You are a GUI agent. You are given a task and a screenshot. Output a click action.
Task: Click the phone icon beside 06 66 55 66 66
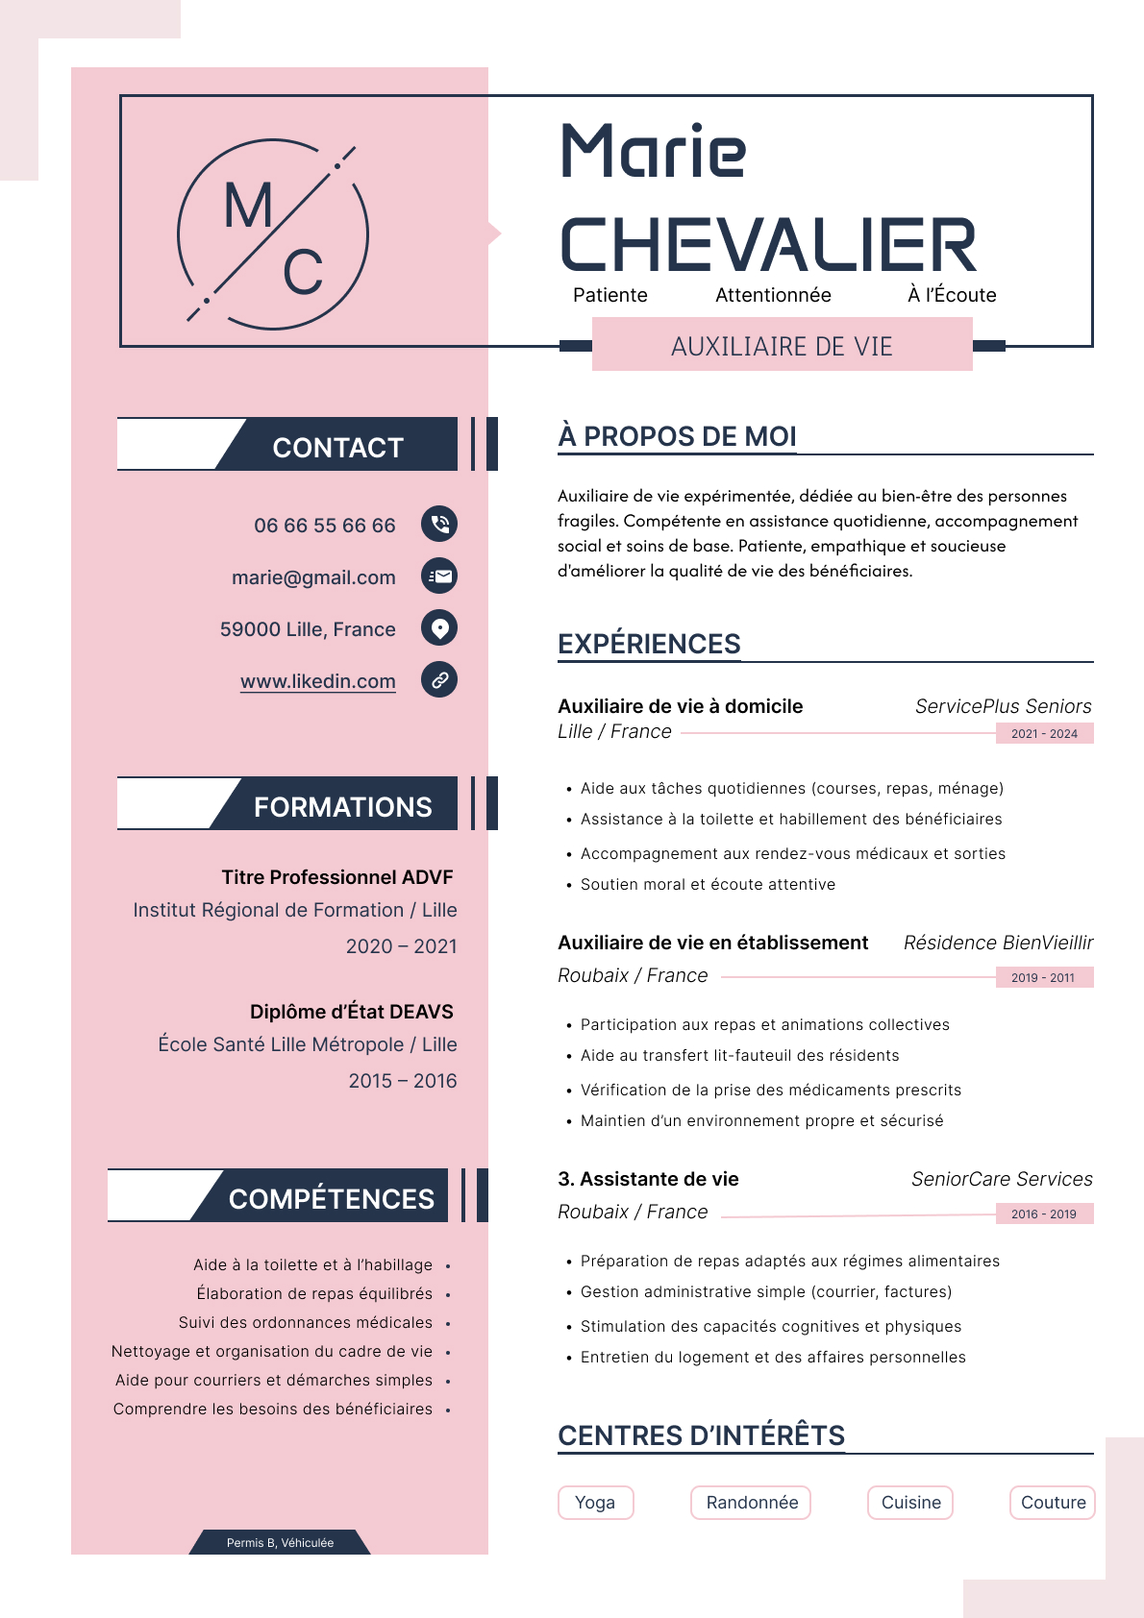439,524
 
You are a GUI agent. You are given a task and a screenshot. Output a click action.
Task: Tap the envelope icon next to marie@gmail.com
439,576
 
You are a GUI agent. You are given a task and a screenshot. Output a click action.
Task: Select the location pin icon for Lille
439,627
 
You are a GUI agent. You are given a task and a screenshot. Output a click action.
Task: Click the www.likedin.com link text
318,681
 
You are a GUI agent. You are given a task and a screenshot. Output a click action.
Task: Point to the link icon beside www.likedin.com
439,679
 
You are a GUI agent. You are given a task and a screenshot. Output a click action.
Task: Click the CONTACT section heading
337,447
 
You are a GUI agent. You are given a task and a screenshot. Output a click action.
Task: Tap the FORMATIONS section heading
342,806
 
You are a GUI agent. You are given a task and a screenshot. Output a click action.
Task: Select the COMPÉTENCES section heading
331,1198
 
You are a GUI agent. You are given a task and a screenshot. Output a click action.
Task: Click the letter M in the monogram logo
247,206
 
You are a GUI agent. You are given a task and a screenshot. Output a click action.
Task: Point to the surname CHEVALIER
767,245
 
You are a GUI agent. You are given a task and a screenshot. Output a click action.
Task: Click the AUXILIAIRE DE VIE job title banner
782,346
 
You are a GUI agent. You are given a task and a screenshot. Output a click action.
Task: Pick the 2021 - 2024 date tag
1044,733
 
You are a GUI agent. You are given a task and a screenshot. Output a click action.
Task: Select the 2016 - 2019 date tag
1044,1213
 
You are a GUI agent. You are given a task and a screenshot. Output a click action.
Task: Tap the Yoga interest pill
595,1502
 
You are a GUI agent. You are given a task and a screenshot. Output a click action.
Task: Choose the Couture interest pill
1053,1502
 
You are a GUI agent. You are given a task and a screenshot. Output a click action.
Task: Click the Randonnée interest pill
752,1502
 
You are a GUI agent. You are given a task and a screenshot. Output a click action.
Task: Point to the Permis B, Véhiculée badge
280,1542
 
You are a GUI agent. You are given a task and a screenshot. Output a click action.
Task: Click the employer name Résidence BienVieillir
998,943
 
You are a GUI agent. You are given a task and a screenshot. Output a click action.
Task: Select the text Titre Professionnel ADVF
336,876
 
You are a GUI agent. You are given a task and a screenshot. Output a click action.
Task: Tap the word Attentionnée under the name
773,295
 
